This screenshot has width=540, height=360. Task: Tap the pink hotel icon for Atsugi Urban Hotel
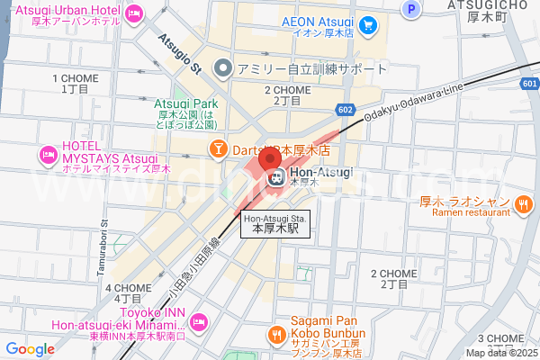[134, 13]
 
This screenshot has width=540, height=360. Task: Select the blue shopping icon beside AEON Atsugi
[366, 26]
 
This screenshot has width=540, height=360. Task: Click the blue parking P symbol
[411, 10]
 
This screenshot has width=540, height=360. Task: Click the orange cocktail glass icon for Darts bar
[218, 148]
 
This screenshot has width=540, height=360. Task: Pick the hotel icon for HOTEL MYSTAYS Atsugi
[48, 157]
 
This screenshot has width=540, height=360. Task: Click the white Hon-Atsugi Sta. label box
[275, 224]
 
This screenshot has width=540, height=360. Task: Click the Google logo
[30, 349]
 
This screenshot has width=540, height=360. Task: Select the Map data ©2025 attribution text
[500, 353]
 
